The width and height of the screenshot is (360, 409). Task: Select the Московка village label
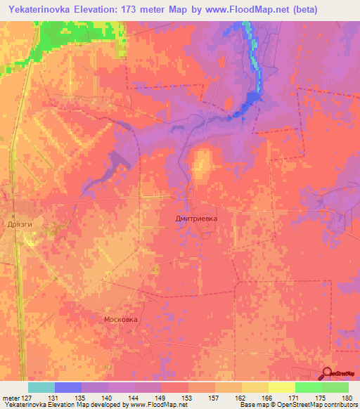point(121,319)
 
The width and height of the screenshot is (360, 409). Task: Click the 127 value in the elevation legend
point(27,398)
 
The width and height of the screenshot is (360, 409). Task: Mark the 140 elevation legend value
point(106,398)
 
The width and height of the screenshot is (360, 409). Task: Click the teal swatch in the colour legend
point(41,387)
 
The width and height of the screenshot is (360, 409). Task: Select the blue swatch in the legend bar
point(68,387)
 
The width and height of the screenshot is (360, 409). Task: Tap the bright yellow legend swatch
point(281,387)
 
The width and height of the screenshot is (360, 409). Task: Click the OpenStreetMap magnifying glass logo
point(328,374)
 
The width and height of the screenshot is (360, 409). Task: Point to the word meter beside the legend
point(10,398)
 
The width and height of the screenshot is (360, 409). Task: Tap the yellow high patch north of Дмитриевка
point(202,164)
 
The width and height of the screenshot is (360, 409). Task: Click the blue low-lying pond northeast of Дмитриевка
point(245,105)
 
